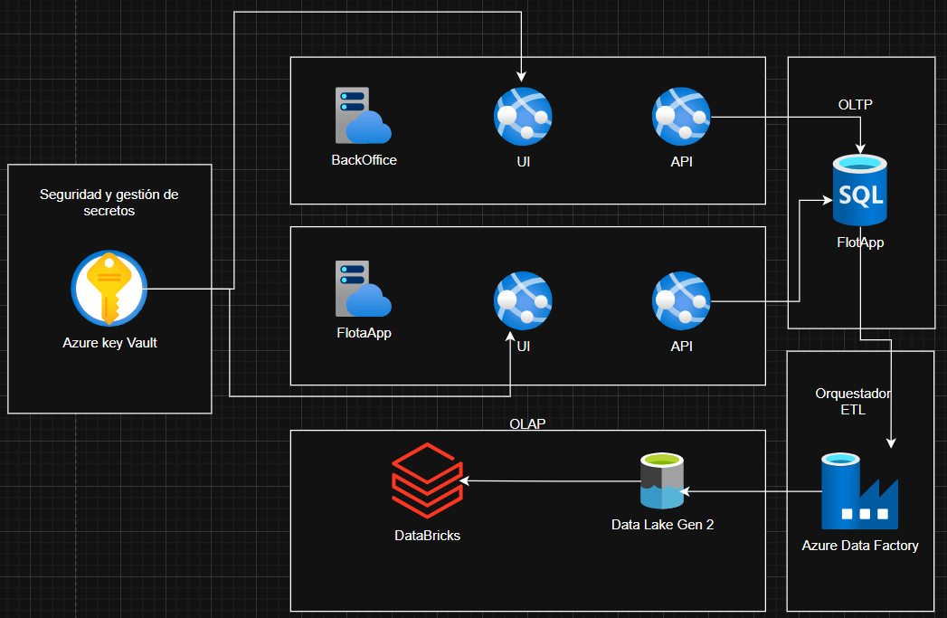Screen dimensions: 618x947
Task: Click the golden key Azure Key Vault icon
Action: click(109, 289)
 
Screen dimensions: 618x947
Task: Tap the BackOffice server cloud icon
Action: click(363, 116)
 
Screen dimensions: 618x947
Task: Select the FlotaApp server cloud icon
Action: click(363, 289)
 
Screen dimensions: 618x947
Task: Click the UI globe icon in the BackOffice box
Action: click(523, 116)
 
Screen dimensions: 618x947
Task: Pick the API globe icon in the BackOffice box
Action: click(681, 116)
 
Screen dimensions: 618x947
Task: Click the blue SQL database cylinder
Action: click(859, 190)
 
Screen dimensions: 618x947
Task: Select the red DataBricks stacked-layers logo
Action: click(426, 480)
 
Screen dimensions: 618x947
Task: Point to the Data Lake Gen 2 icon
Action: click(661, 483)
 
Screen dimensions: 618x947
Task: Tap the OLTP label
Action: click(855, 105)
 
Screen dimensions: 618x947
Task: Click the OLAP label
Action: click(527, 423)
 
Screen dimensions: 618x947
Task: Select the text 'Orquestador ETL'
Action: click(853, 402)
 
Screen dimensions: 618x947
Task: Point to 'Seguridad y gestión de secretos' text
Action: click(109, 202)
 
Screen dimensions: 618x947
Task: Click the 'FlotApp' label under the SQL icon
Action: click(860, 242)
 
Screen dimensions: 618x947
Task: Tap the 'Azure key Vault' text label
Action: click(109, 343)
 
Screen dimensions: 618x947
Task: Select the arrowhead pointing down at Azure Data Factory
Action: click(891, 442)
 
